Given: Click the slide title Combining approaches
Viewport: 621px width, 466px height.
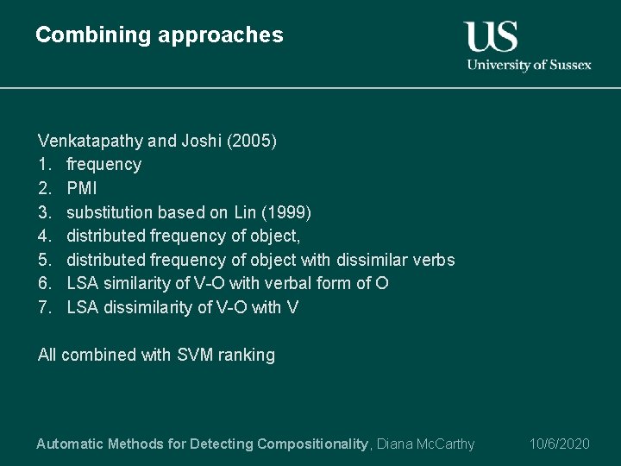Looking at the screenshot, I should coord(160,35).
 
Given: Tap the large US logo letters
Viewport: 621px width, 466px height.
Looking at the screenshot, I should coord(492,36).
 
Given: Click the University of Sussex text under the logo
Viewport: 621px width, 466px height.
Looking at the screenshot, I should coord(529,65).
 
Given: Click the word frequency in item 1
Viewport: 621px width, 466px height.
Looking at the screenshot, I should coord(103,164).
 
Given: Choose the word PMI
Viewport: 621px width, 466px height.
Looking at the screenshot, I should coord(82,188).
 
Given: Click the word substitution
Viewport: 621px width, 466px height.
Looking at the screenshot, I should coord(106,212).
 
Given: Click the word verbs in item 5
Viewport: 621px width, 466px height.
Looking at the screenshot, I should coord(435,260).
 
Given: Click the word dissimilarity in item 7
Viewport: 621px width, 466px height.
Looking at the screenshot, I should coord(144,307).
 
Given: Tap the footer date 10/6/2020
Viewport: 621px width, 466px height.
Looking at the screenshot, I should coord(559,444).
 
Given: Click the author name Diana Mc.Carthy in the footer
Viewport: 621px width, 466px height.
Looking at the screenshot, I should coord(425,444).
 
